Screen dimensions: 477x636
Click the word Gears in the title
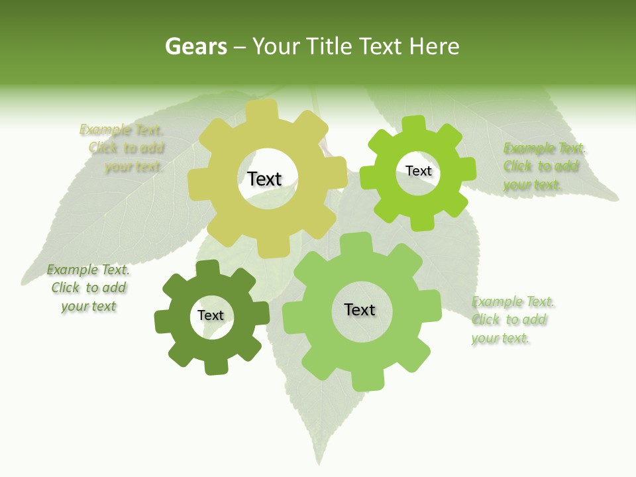(195, 46)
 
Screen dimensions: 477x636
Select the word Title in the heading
(328, 46)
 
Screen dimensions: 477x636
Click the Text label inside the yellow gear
(264, 179)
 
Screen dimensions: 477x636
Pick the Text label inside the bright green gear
(418, 171)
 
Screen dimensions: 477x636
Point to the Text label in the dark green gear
(211, 315)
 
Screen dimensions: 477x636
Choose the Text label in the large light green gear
(360, 309)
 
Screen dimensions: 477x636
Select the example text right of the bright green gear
(543, 166)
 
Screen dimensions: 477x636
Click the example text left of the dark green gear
(88, 288)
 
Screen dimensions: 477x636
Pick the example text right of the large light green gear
(511, 320)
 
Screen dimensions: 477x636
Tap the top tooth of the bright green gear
(415, 124)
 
